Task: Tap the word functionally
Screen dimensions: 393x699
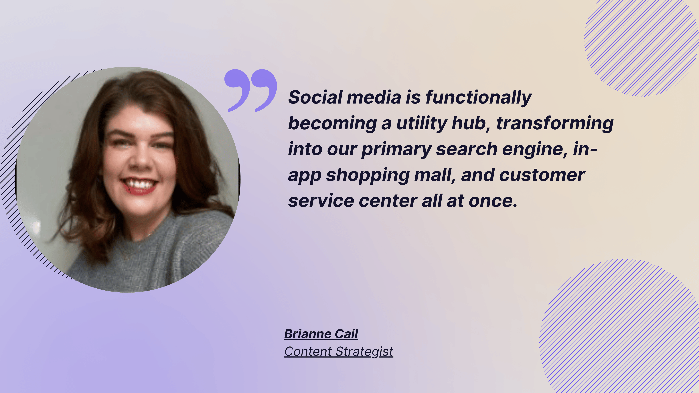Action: (478, 98)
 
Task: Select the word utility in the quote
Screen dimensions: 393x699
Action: (421, 123)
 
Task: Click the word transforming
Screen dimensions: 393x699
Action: (555, 123)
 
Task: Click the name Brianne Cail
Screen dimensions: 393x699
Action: (321, 334)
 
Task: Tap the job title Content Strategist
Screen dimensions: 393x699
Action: (339, 352)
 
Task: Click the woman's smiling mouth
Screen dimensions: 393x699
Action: (139, 186)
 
